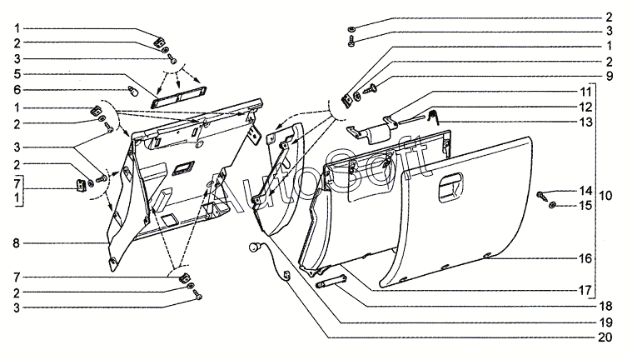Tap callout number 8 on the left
pos(16,243)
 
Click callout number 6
pos(16,89)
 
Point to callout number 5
pos(16,73)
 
